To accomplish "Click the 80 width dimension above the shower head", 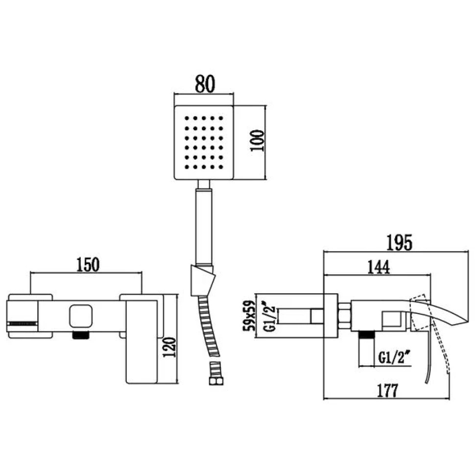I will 205,84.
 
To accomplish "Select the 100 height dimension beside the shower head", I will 258,141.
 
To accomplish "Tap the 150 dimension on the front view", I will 87,264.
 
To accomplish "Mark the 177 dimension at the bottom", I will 386,391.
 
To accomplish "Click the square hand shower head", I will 204,142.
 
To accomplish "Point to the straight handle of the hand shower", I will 204,225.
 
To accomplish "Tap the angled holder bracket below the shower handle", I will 202,280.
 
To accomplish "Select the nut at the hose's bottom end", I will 214,370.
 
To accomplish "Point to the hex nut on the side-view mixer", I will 345,316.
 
